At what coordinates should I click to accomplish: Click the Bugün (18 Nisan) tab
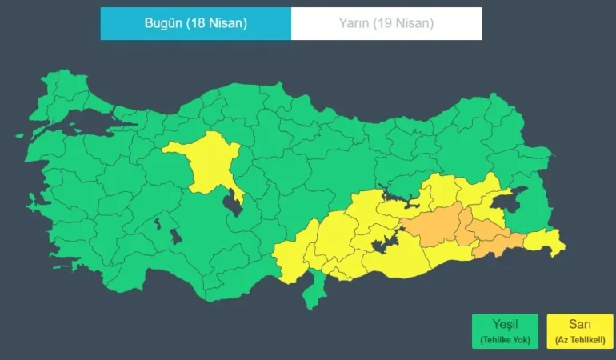195,23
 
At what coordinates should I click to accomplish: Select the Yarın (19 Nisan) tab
386,23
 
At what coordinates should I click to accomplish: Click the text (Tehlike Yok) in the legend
505,341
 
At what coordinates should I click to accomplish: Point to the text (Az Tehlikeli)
580,341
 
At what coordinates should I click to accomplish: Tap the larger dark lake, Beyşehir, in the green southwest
174,237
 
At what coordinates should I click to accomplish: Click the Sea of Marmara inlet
88,121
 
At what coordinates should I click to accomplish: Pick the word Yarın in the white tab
356,23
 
